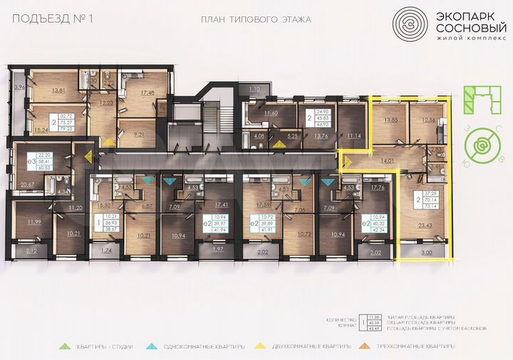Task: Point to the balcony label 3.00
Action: pyautogui.click(x=425, y=252)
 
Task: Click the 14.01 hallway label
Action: pyautogui.click(x=387, y=161)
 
